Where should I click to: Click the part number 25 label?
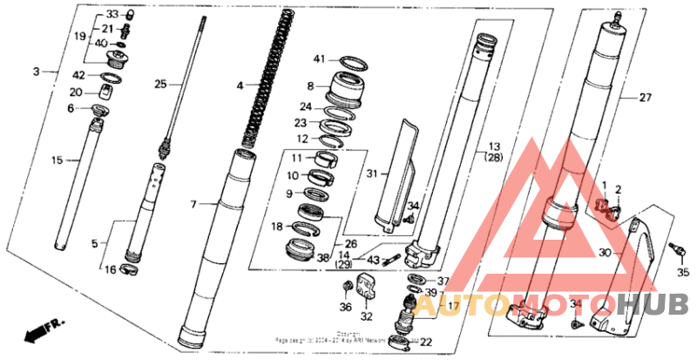(x=159, y=85)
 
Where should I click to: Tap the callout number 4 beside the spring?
(x=240, y=86)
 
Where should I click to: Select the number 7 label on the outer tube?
(x=195, y=204)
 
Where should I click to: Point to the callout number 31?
(x=371, y=174)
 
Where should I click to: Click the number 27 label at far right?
(x=645, y=98)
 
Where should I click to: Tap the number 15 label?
(x=58, y=160)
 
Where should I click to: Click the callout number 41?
(x=320, y=59)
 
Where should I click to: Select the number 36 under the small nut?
(x=345, y=307)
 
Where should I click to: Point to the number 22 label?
(x=425, y=342)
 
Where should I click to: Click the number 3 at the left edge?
(x=36, y=71)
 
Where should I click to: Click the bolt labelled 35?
(x=673, y=251)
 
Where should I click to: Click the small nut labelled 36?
(x=346, y=285)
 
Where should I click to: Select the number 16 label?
(x=110, y=270)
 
